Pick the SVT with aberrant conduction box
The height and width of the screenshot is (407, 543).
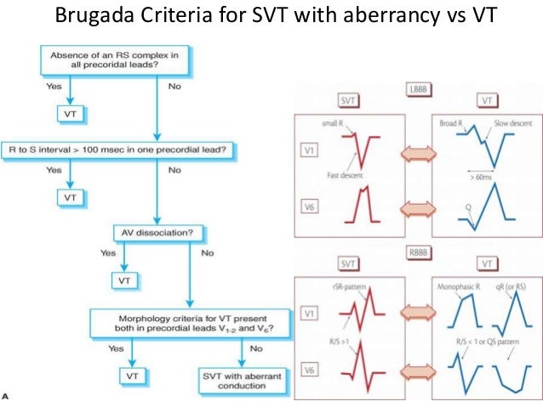[x=243, y=380]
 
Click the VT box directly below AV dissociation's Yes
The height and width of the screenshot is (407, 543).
[x=123, y=279]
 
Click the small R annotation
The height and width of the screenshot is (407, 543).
[x=334, y=124]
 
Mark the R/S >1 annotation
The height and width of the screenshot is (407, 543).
[x=334, y=341]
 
